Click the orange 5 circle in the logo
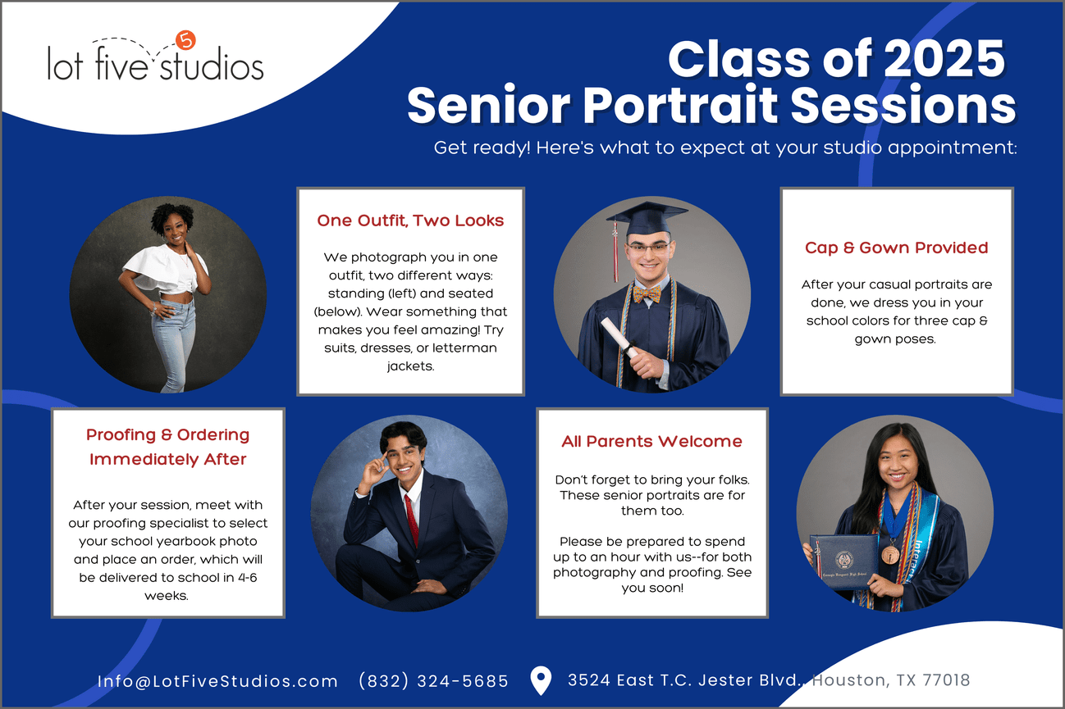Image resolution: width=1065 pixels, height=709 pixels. pos(185,40)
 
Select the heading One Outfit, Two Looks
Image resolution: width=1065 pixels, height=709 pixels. pos(410,220)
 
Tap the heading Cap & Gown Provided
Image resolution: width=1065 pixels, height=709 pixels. pos(896,248)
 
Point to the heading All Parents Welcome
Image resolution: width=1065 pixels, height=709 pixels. pos(651,442)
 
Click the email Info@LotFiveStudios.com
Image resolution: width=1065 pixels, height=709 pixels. pos(217,681)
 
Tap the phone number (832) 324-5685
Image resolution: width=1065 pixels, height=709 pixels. pos(433,681)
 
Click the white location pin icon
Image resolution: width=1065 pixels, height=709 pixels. pos(541,680)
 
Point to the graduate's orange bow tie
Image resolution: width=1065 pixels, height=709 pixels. pos(647,293)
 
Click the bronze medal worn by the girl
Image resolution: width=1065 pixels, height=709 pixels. pos(890,555)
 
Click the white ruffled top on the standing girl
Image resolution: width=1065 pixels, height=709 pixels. pos(164,269)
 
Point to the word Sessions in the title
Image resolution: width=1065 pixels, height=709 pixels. pos(903,106)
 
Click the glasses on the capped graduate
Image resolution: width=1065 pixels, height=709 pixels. pos(649,248)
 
